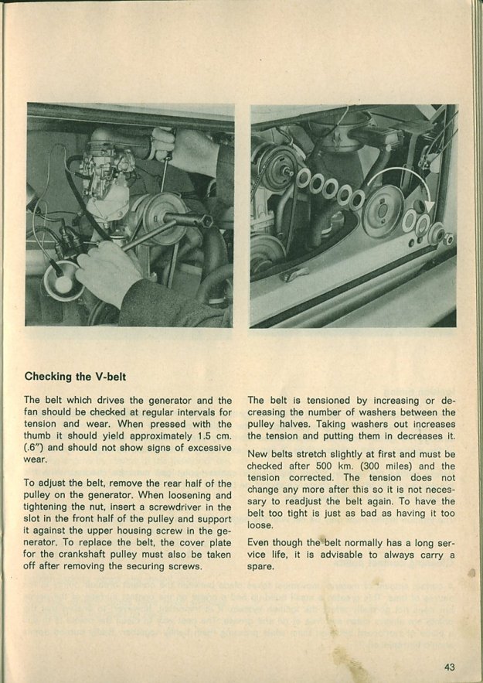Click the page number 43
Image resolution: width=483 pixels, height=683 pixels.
point(451,668)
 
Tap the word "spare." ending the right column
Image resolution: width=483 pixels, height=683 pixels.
point(262,567)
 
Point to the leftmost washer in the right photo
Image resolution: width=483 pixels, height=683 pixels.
point(303,179)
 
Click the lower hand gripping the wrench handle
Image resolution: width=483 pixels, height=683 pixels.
point(108,271)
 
